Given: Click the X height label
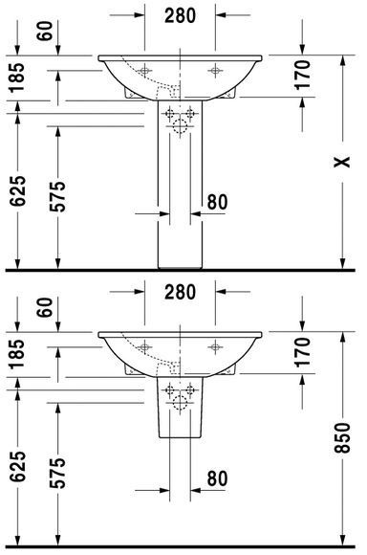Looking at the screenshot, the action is click(x=342, y=162).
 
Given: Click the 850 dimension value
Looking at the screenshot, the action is click(x=342, y=438).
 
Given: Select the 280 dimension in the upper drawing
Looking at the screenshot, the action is click(x=180, y=16).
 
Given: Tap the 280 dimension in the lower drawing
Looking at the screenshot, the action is click(x=180, y=293).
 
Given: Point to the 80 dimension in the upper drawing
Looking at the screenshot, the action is click(x=218, y=202).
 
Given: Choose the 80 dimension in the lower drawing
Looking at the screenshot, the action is click(x=218, y=478).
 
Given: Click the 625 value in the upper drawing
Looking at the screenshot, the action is click(x=17, y=191).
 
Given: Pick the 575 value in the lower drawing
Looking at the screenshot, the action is click(x=57, y=474).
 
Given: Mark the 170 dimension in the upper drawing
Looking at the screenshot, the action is click(x=303, y=75).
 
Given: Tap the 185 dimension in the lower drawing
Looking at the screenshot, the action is click(x=17, y=354).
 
